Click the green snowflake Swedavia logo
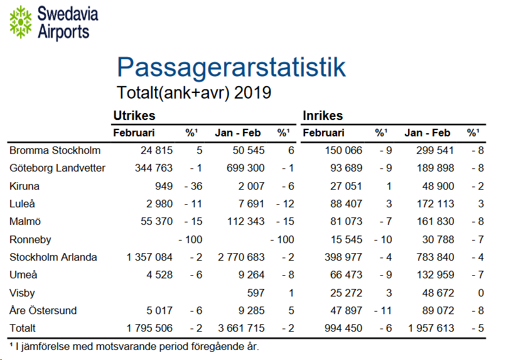[21, 21]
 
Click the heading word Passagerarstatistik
[231, 67]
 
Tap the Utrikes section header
[134, 116]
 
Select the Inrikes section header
[323, 116]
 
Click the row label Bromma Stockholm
[55, 150]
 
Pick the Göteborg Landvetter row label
[57, 168]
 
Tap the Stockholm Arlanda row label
[53, 257]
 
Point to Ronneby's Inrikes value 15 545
[345, 239]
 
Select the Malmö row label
[24, 221]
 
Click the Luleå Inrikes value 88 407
[345, 204]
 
